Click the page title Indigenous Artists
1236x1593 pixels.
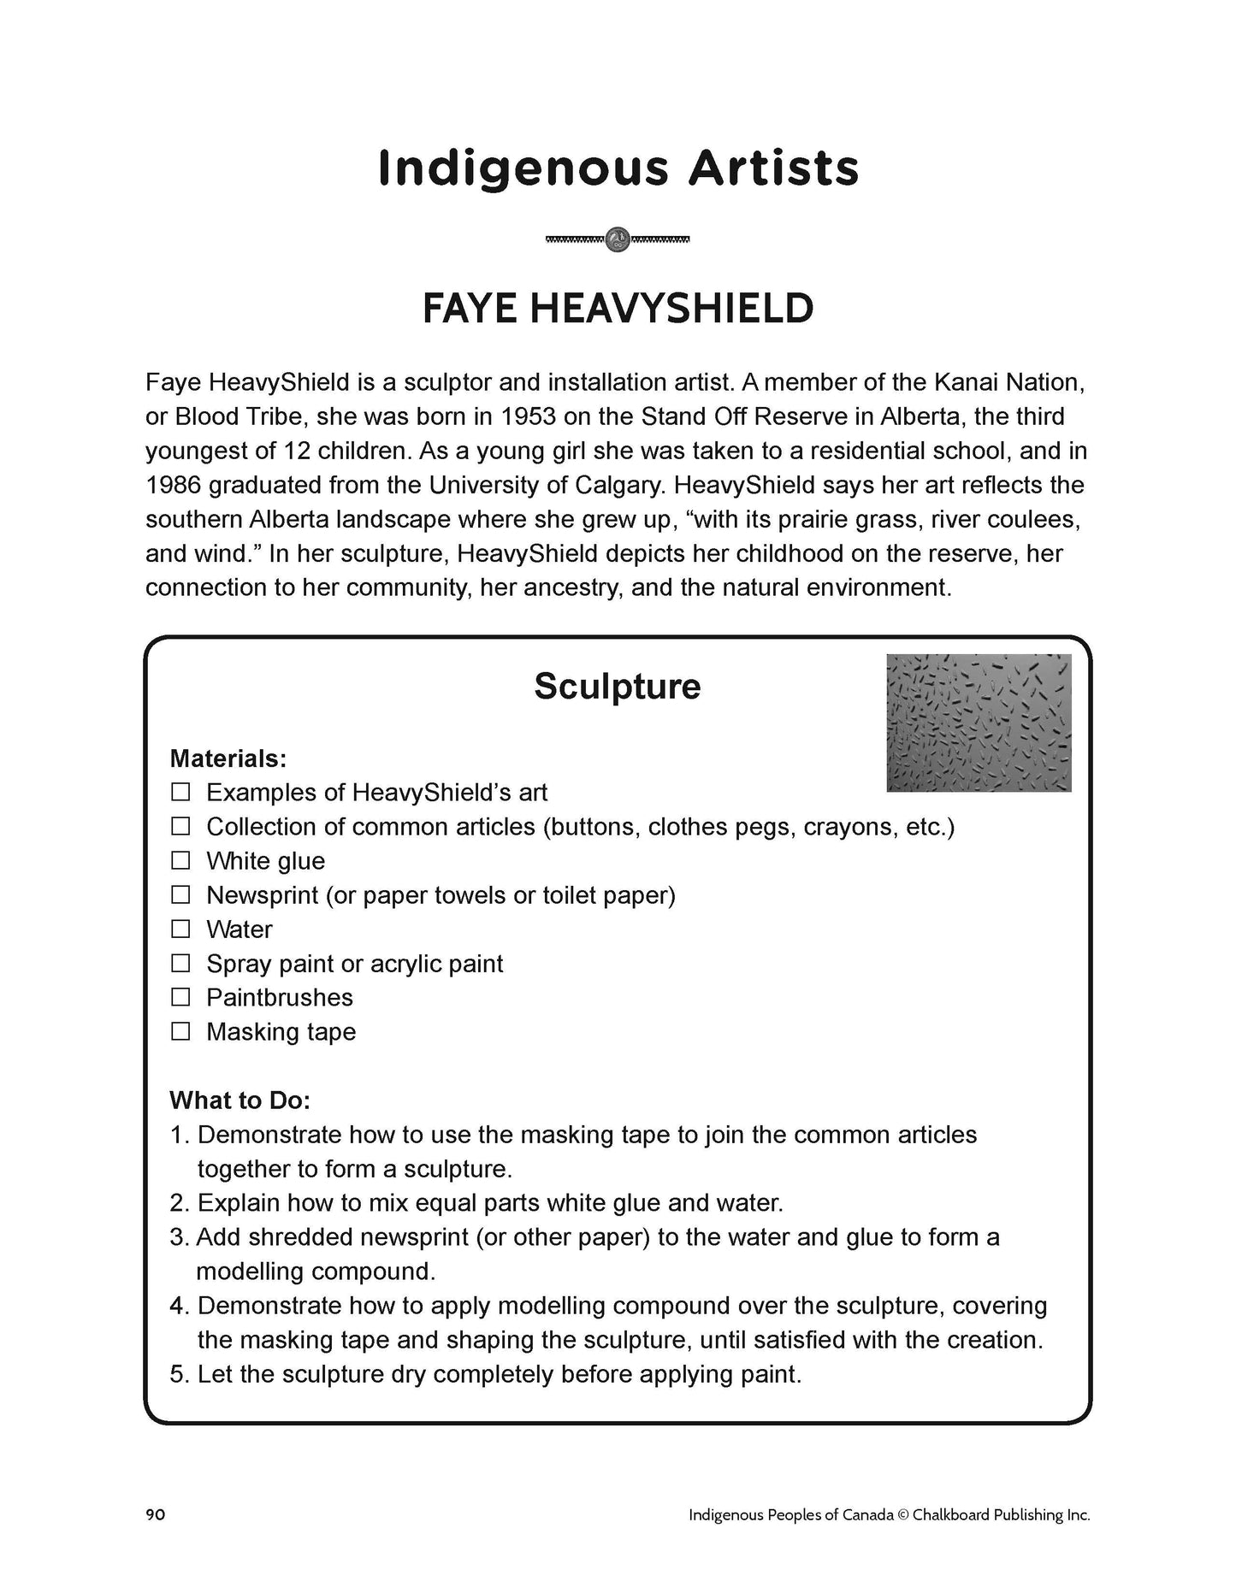[x=618, y=168]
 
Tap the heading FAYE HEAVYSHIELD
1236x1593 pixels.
[x=618, y=309]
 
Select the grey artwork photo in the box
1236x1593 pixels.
[x=979, y=723]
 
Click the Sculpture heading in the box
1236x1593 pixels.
[x=617, y=686]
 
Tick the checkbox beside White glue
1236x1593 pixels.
[x=180, y=860]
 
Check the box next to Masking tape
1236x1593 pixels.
[x=180, y=1031]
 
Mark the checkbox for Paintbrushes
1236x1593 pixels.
[x=180, y=997]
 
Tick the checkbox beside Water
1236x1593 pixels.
[x=180, y=929]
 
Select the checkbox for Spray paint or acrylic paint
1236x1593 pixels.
[x=180, y=963]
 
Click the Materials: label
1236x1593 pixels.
[x=228, y=758]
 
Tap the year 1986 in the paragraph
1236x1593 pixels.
[x=174, y=486]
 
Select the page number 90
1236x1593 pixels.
[x=155, y=1514]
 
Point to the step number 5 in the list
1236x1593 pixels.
[x=177, y=1374]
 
